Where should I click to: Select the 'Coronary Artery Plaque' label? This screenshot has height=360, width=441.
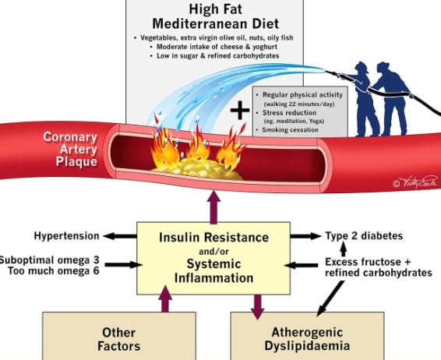click(x=69, y=149)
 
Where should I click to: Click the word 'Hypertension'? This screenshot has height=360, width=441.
click(x=66, y=236)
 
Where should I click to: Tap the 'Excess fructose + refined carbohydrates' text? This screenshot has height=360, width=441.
click(x=375, y=267)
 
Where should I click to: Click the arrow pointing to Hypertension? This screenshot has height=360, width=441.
click(x=119, y=236)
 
